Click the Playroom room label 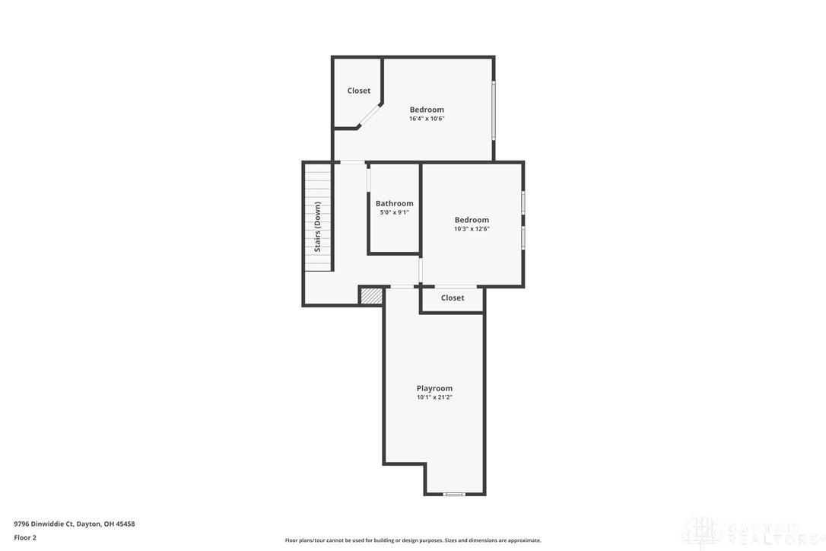point(434,388)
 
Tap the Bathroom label point(394,203)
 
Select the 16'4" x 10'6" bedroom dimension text point(427,119)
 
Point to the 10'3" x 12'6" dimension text point(472,229)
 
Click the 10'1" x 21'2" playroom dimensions point(434,397)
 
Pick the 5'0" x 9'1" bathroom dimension point(394,212)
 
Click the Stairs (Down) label point(318,227)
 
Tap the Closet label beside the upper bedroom point(359,91)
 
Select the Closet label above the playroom point(453,298)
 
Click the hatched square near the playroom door point(371,295)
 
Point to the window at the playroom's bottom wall point(454,494)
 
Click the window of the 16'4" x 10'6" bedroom point(494,110)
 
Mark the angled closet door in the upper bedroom point(370,115)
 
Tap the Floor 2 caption point(25,537)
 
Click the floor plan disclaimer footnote point(413,540)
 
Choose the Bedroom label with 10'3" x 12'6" point(472,220)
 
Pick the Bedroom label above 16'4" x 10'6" point(427,110)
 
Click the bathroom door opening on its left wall point(369,179)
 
